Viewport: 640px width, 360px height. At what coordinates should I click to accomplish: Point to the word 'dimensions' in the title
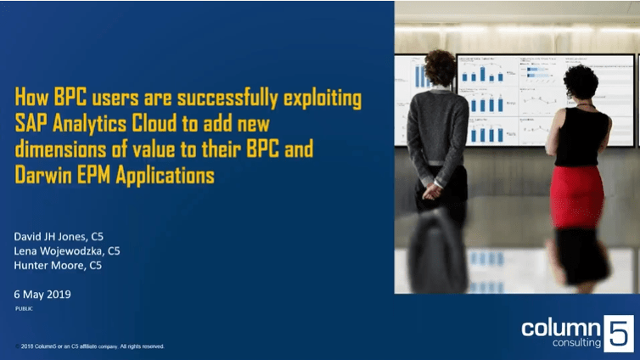pos(61,149)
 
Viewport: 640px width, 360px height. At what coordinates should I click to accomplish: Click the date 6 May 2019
pos(43,294)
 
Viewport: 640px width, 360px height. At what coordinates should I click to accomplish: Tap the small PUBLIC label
pos(25,308)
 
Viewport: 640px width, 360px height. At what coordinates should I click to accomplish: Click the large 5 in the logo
pos(617,332)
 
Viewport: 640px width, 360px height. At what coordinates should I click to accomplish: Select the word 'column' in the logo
pos(560,327)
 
